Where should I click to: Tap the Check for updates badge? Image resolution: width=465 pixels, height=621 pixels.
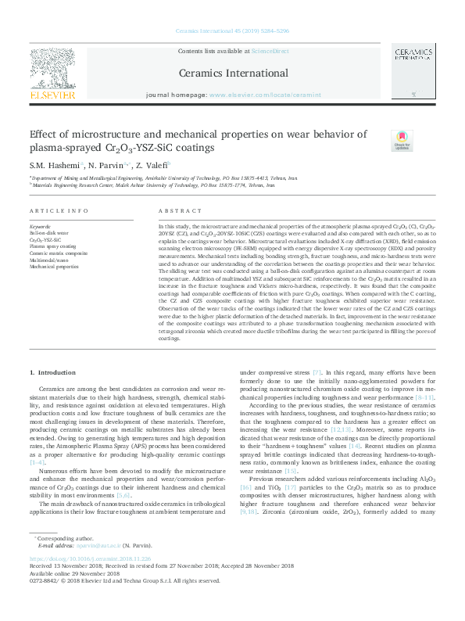402,139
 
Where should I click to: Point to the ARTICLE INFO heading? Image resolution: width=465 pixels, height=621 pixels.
59,212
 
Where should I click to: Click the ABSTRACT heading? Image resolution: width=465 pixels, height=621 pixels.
175,212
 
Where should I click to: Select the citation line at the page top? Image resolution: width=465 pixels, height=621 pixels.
232,32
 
